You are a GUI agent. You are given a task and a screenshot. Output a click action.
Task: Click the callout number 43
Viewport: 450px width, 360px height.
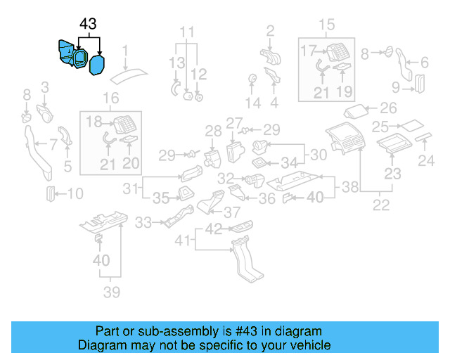(88, 24)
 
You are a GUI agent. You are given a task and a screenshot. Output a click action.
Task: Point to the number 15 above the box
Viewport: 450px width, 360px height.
(328, 26)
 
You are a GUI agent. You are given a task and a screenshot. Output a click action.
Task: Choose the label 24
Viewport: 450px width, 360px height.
(427, 162)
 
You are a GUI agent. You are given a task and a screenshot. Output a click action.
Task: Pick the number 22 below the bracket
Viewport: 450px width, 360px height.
(380, 205)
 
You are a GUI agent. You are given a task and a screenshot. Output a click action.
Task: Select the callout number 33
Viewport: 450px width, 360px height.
(143, 223)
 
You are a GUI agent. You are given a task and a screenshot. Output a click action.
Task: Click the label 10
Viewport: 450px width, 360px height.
(75, 193)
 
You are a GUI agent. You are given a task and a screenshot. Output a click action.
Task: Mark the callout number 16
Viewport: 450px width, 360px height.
(111, 98)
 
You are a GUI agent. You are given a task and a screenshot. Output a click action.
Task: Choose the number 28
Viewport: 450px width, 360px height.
(213, 130)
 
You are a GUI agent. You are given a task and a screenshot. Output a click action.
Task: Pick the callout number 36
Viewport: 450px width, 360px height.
(267, 199)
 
